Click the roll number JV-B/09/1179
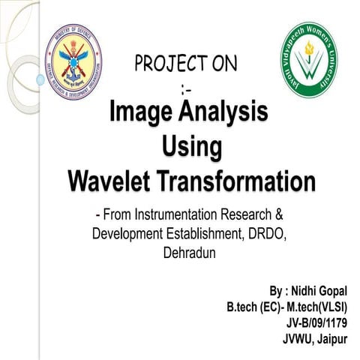pos(317,323)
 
